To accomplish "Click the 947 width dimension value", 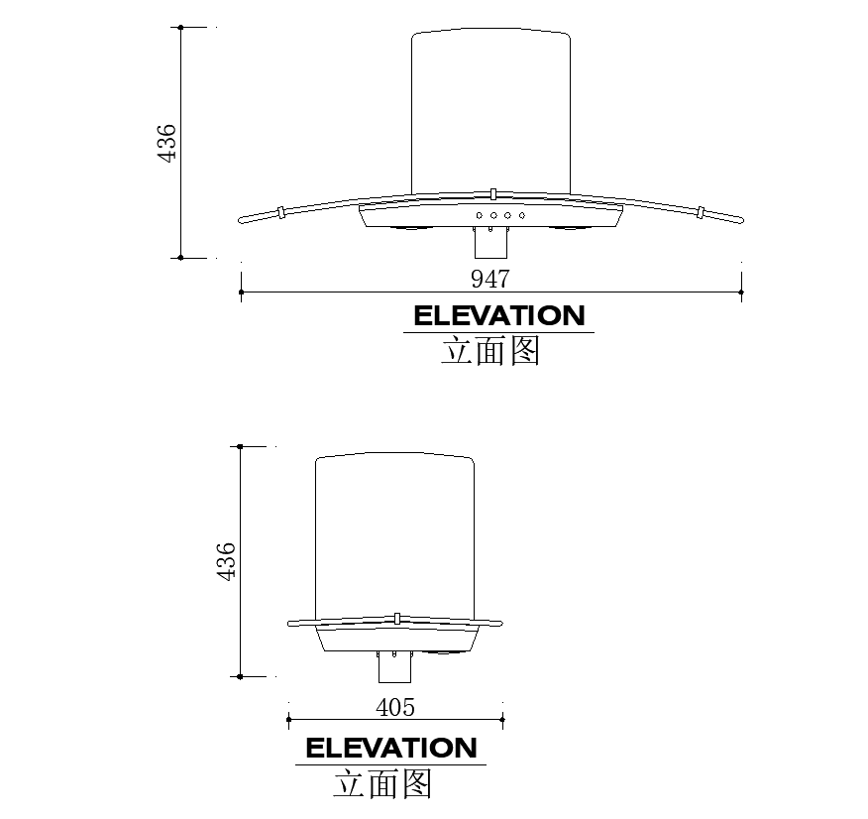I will pos(490,279).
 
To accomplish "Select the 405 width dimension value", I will pos(395,707).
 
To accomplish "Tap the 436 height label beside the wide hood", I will pos(166,143).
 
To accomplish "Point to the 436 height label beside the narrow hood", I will pos(226,561).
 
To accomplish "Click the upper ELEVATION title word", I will pos(498,316).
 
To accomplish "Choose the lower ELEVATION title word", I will pos(390,748).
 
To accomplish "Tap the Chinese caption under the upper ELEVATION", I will pos(490,351).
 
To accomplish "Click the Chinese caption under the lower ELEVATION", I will pos(382,783).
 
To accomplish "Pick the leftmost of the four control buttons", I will pos(480,215).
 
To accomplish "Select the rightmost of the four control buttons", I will pos(521,215).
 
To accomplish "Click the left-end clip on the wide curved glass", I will pos(282,211).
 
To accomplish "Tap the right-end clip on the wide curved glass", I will pos(700,211).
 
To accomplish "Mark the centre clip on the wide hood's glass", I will pos(491,192).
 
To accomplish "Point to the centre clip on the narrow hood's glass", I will pos(395,618).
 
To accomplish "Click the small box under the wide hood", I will pos(490,241).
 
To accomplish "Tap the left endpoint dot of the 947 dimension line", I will pos(241,292).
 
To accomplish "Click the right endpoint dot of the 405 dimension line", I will pos(503,721).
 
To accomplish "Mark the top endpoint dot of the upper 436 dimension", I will pos(180,28).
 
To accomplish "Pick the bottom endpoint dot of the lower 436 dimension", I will pos(240,676).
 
